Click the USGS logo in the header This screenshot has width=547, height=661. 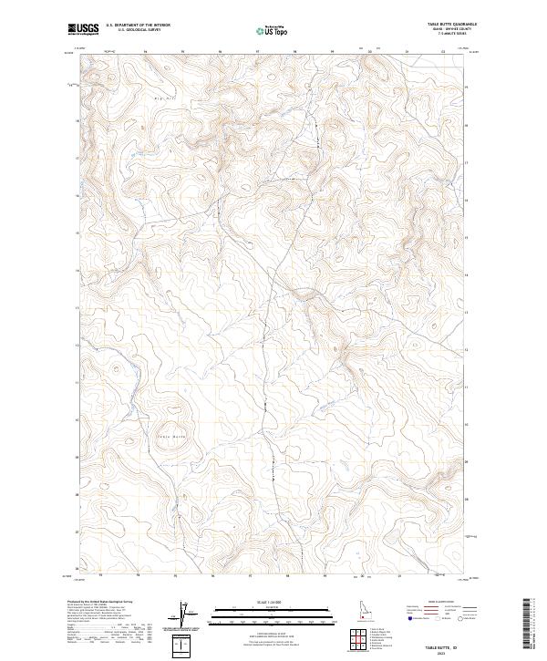83,28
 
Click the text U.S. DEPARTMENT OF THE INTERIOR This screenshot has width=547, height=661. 138,26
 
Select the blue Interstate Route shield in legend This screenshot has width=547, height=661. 408,628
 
